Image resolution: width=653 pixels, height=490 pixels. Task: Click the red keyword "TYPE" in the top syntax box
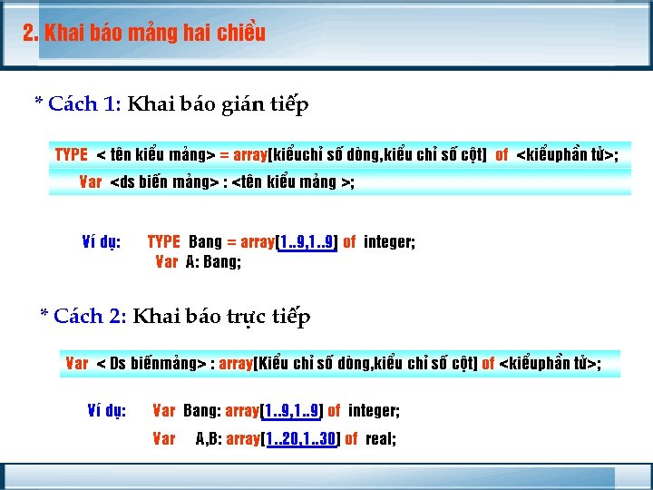click(72, 155)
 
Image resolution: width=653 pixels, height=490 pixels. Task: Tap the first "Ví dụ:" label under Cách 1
click(102, 242)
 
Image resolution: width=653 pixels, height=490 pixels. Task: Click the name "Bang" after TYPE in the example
click(205, 242)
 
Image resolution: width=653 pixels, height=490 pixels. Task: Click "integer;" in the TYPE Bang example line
click(389, 242)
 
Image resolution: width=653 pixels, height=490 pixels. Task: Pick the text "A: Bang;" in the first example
click(213, 262)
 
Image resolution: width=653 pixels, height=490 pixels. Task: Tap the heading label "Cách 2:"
click(91, 317)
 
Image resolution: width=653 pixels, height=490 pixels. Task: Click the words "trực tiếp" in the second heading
click(272, 317)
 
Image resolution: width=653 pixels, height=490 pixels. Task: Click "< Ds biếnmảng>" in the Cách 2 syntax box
click(151, 364)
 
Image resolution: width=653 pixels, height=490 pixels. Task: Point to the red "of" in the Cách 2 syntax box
click(488, 364)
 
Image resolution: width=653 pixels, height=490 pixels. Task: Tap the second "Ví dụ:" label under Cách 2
click(106, 411)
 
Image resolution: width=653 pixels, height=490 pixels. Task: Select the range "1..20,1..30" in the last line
click(300, 439)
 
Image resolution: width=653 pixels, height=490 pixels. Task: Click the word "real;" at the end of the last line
click(381, 439)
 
